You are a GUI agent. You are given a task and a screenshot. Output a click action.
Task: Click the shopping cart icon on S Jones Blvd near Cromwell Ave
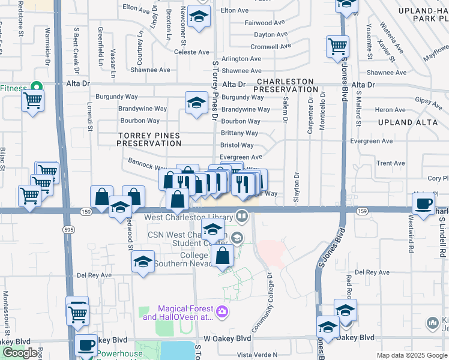(338, 46)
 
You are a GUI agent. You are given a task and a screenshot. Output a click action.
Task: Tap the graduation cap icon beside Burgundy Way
(196, 103)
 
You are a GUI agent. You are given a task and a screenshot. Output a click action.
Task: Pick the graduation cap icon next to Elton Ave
(198, 17)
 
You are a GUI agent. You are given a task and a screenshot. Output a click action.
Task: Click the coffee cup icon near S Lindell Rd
(424, 204)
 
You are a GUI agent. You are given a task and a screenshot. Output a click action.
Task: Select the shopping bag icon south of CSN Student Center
(222, 255)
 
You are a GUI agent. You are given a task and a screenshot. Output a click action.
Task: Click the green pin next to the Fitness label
(35, 88)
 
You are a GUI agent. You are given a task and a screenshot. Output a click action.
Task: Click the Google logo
(21, 353)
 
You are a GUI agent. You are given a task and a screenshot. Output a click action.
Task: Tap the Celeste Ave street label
(191, 52)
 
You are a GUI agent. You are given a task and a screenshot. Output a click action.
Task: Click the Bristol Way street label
(237, 145)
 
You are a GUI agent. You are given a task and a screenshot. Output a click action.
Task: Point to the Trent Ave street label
(391, 163)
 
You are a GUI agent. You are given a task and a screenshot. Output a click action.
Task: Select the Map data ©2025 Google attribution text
(411, 355)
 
